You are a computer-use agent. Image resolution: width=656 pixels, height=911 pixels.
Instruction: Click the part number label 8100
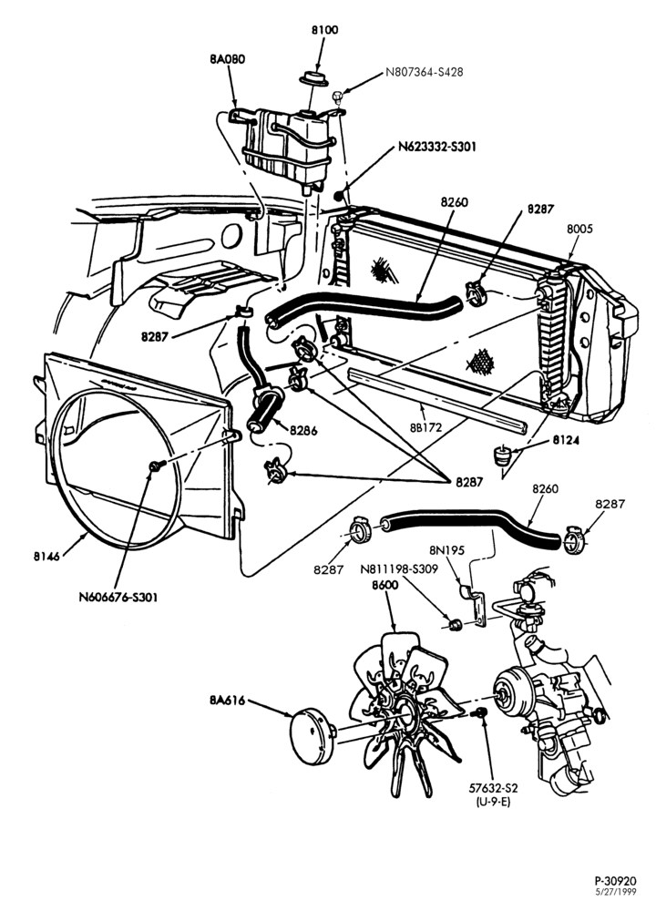click(x=324, y=30)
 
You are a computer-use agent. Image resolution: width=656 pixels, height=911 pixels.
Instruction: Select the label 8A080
click(x=227, y=58)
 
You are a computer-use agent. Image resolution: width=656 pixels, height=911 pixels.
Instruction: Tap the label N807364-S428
click(x=425, y=73)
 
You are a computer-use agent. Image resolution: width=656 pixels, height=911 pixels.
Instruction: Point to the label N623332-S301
click(x=437, y=147)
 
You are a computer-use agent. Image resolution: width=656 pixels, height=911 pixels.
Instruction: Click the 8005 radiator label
click(x=579, y=229)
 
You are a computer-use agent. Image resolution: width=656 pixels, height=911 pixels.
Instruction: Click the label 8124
click(x=566, y=440)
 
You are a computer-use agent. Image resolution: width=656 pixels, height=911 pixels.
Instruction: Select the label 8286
click(x=303, y=431)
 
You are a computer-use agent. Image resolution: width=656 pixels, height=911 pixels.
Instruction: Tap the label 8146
click(x=46, y=556)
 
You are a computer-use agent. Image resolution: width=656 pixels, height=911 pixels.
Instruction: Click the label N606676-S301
click(x=118, y=597)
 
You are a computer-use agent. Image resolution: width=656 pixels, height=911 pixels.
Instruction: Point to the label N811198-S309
click(x=398, y=569)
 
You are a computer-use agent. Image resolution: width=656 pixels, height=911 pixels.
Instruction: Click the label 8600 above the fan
click(x=385, y=585)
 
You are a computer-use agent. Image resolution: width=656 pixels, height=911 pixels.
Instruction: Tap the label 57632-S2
click(x=493, y=788)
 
